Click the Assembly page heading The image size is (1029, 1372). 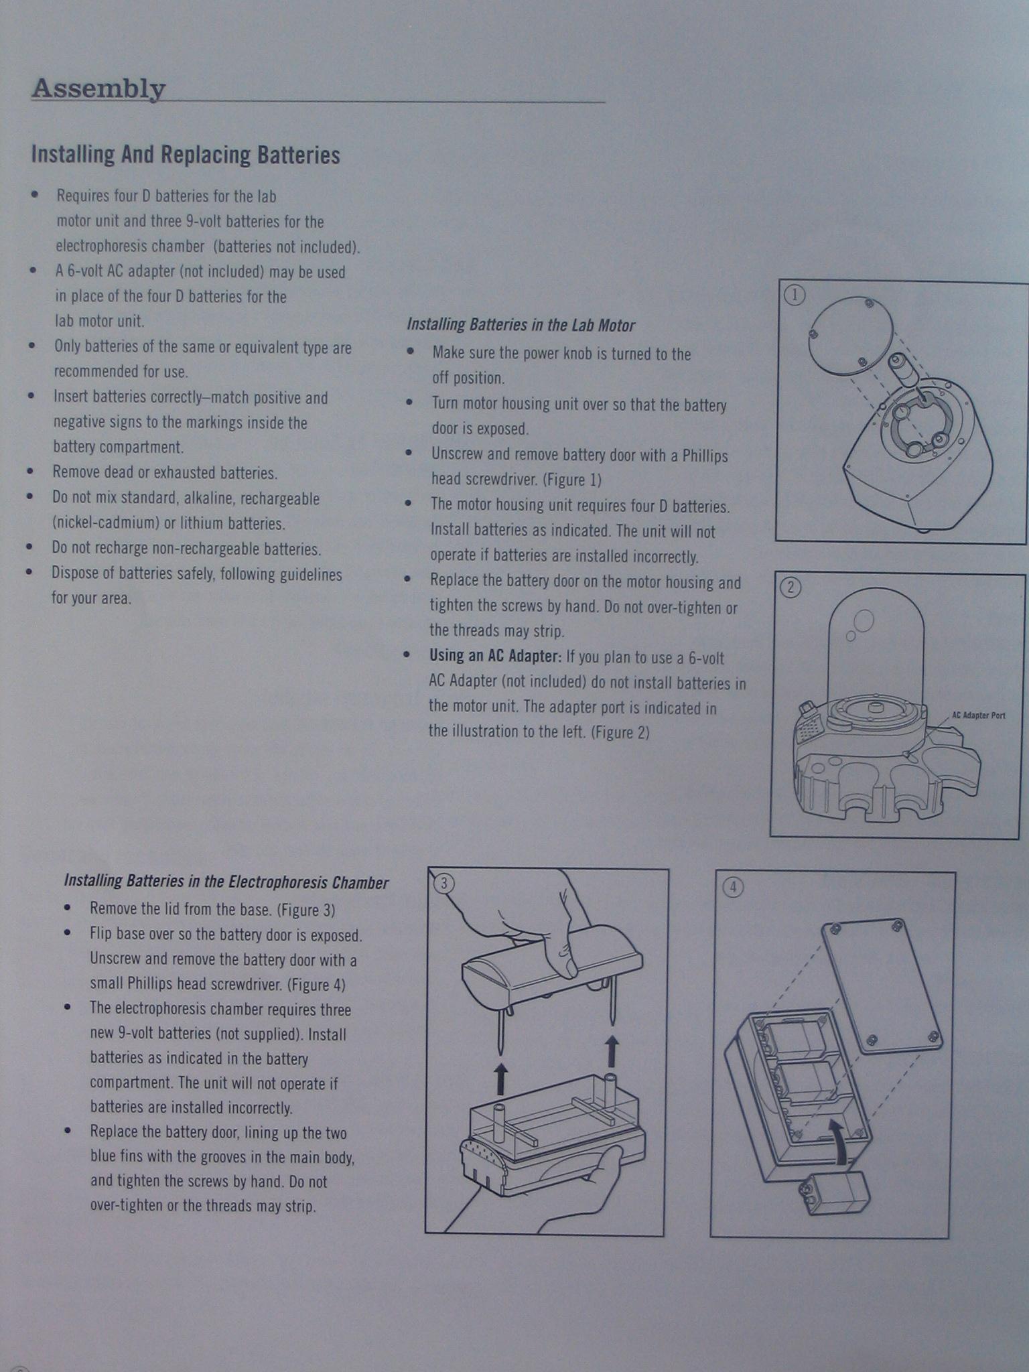[x=98, y=88]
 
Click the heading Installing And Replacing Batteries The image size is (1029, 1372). [x=186, y=155]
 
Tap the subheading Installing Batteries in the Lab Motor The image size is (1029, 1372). [x=521, y=326]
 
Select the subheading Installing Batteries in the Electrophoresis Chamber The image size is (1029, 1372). [x=226, y=882]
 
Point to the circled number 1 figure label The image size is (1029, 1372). [x=794, y=295]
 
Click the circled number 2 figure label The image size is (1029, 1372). [x=791, y=588]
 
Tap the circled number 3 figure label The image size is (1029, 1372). [x=443, y=884]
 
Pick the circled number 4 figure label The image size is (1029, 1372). [x=733, y=888]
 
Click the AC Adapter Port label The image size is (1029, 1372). [x=978, y=715]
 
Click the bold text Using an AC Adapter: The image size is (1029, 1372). [x=495, y=656]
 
